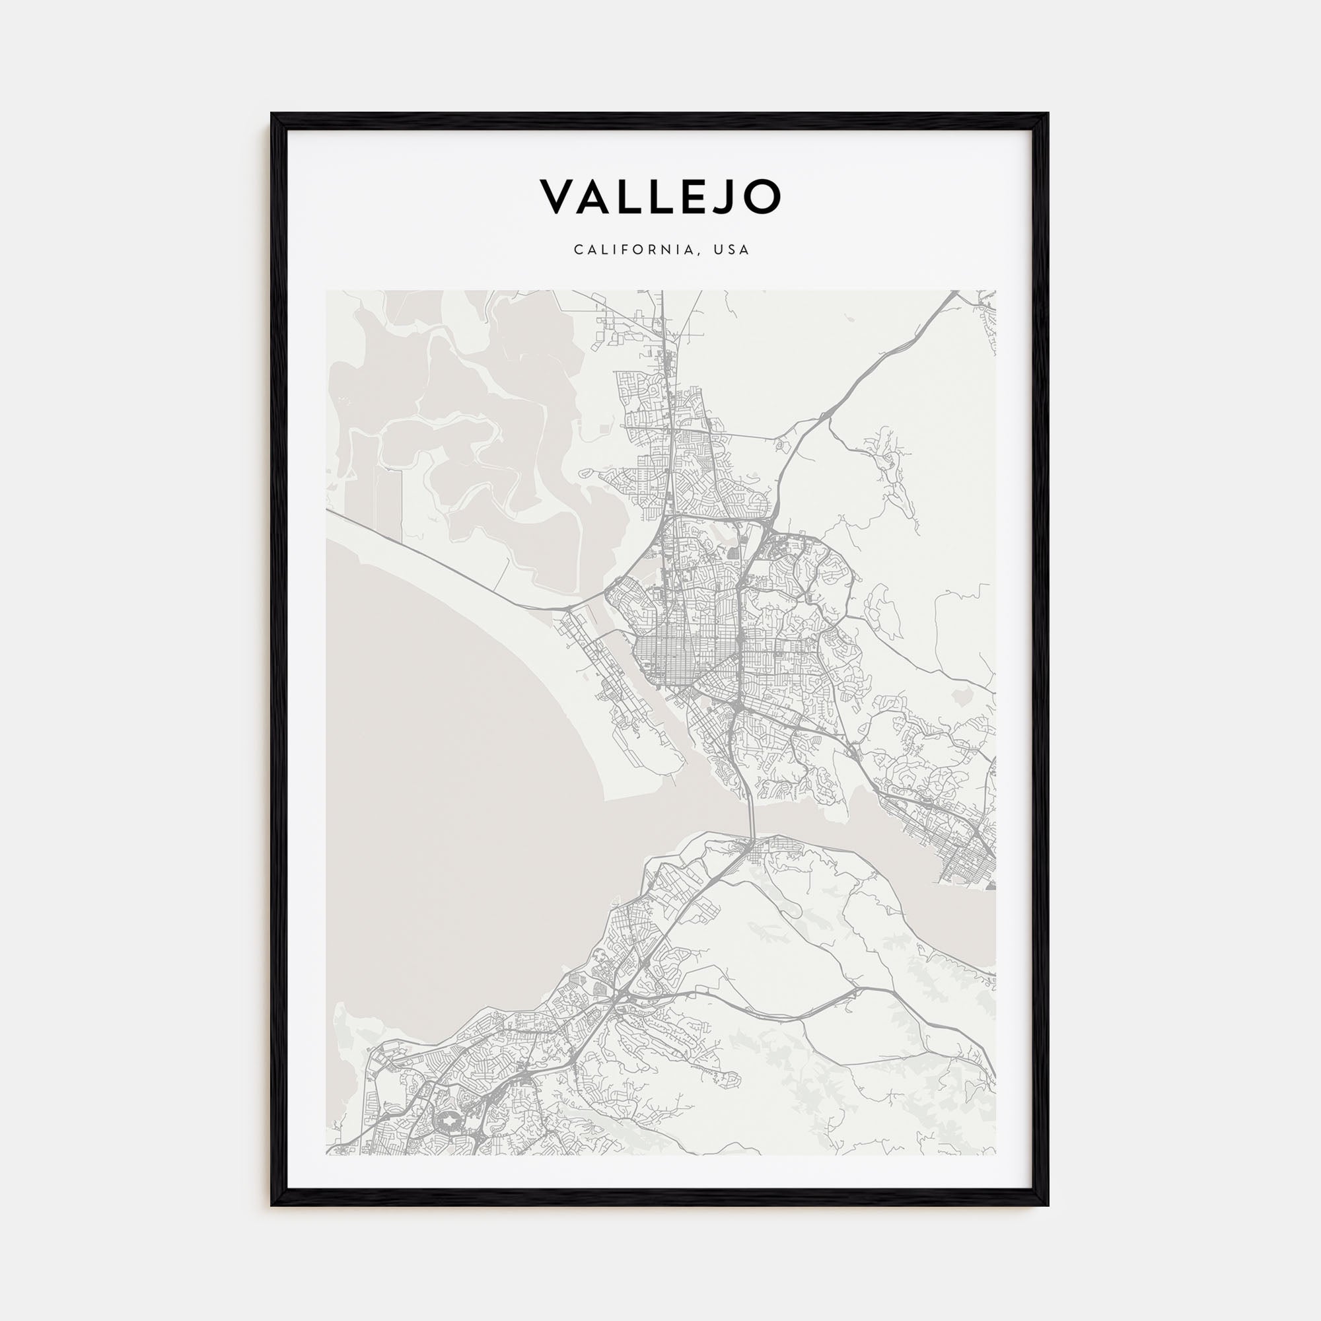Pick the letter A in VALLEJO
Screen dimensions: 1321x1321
595,196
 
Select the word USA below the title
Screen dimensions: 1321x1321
731,250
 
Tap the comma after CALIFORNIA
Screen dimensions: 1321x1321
699,254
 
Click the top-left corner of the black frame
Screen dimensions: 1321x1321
273,114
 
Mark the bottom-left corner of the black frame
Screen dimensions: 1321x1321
273,1204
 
